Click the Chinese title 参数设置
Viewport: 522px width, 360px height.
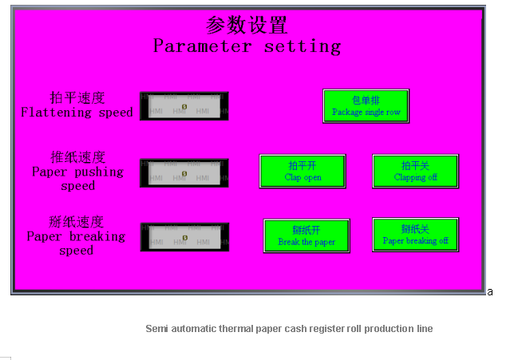pyautogui.click(x=247, y=25)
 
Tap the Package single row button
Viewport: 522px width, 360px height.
pyautogui.click(x=366, y=106)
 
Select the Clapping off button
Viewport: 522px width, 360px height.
pyautogui.click(x=415, y=171)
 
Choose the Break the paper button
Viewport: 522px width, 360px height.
pyautogui.click(x=306, y=235)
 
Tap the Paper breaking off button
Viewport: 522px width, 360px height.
pyautogui.click(x=415, y=234)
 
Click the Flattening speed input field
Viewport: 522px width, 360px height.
pyautogui.click(x=184, y=105)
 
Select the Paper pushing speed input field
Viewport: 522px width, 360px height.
pyautogui.click(x=184, y=172)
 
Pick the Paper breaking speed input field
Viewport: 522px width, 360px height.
pyautogui.click(x=184, y=237)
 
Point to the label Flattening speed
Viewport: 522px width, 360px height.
pyautogui.click(x=77, y=113)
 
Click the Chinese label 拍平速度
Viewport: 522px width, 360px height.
pyautogui.click(x=77, y=98)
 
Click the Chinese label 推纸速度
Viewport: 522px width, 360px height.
pyautogui.click(x=77, y=157)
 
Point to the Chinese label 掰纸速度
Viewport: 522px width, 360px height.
pyautogui.click(x=77, y=222)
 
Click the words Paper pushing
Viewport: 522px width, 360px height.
pyautogui.click(x=77, y=172)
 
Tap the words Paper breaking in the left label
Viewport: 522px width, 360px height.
pyautogui.click(x=77, y=236)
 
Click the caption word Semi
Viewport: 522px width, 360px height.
pyautogui.click(x=156, y=329)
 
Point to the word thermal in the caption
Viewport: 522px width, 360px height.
pyautogui.click(x=231, y=329)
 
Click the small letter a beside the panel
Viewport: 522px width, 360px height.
pyautogui.click(x=489, y=292)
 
